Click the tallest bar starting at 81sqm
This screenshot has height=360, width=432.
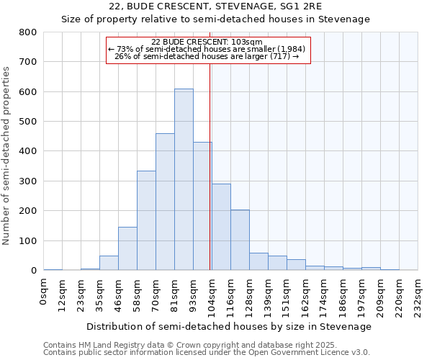coord(184,180)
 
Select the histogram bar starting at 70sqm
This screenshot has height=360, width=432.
coord(165,202)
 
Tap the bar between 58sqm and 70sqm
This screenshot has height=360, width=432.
coord(146,220)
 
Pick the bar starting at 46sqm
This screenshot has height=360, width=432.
coord(127,248)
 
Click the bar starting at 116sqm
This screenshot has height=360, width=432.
coord(240,240)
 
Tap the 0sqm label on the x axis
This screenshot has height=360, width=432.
coord(44,291)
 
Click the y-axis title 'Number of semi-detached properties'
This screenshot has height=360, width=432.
coord(6,155)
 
